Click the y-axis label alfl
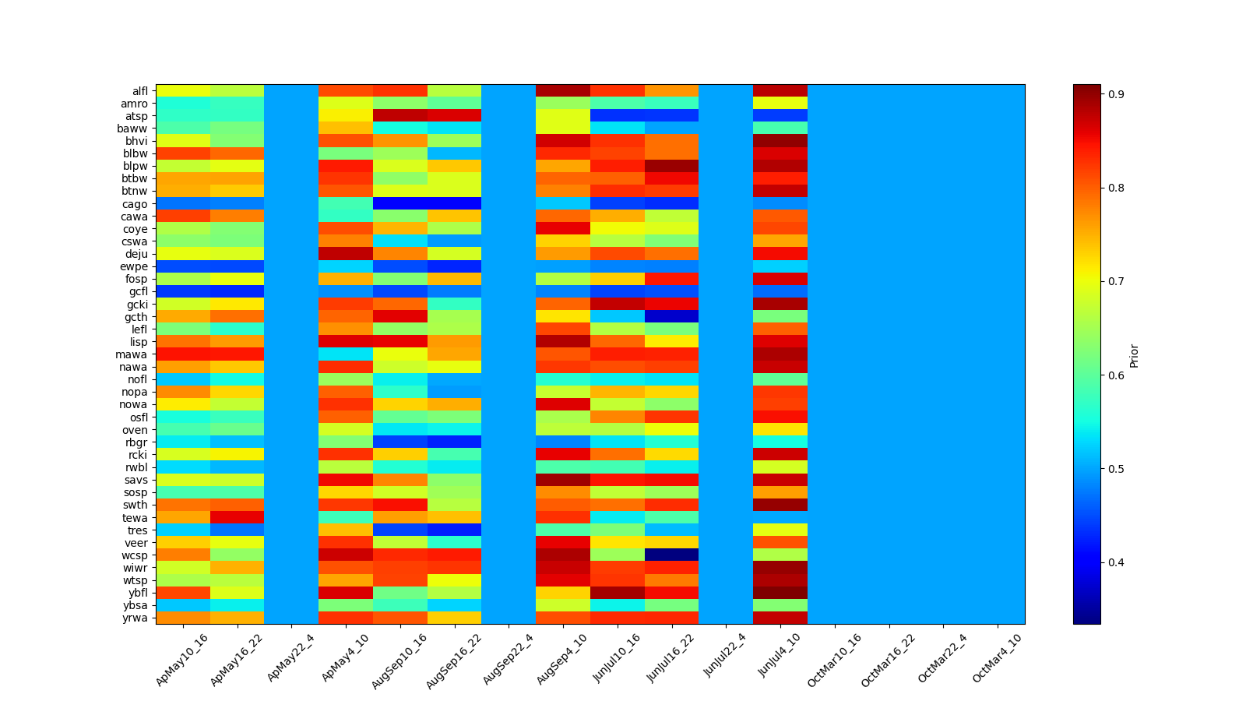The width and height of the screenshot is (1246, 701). pyautogui.click(x=139, y=91)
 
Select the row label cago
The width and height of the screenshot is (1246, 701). pyautogui.click(x=135, y=204)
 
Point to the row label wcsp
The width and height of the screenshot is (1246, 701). pyautogui.click(x=135, y=555)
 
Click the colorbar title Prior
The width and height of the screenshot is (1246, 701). pyautogui.click(x=1134, y=355)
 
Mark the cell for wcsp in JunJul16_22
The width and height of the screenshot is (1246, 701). pyautogui.click(x=671, y=555)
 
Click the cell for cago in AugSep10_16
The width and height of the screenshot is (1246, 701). pyautogui.click(x=400, y=204)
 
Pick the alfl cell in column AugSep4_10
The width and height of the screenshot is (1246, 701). pyautogui.click(x=563, y=91)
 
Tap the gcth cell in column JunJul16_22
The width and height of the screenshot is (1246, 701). pyautogui.click(x=671, y=317)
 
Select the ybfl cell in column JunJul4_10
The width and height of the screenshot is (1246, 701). pyautogui.click(x=780, y=593)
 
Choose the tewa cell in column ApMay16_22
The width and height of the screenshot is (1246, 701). pyautogui.click(x=237, y=518)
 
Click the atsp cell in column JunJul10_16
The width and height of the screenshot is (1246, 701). pyautogui.click(x=618, y=116)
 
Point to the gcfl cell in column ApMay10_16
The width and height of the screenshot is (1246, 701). pyautogui.click(x=183, y=292)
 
